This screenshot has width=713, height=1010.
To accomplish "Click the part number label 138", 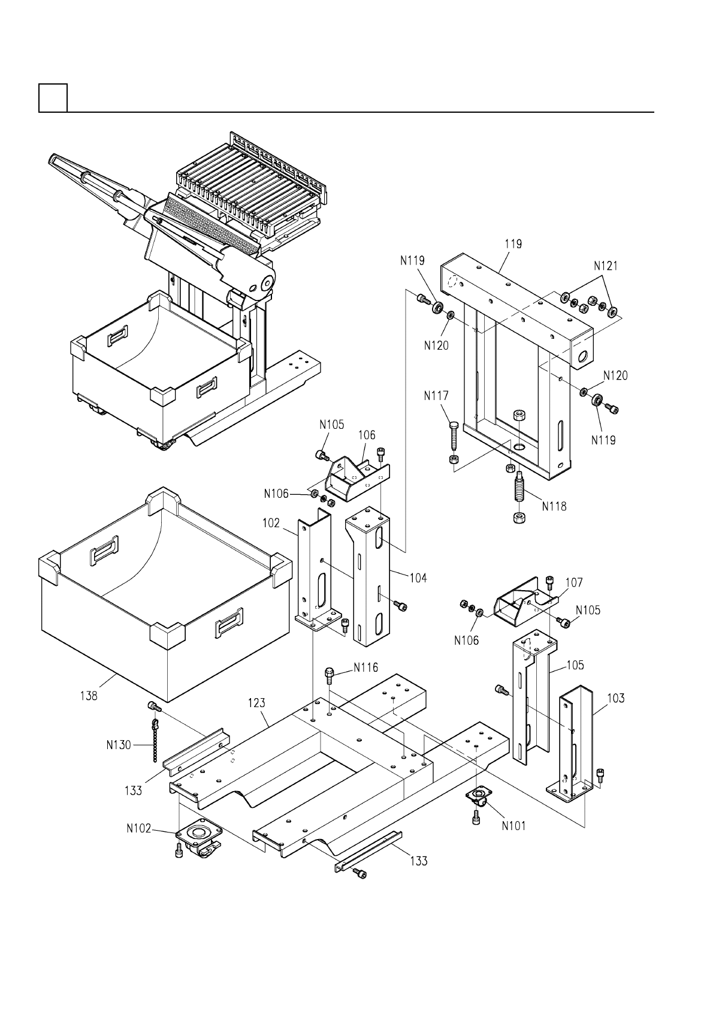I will pos(89,696).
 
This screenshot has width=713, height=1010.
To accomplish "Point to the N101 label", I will pos(513,825).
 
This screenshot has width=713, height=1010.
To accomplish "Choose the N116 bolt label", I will pos(365,667).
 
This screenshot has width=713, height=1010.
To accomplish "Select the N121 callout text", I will pos(606,266).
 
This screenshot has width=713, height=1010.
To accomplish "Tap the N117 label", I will pos(436,396).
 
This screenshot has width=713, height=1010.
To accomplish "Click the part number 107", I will pos(573,582).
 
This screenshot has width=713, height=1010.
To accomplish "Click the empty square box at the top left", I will pos(53,97).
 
